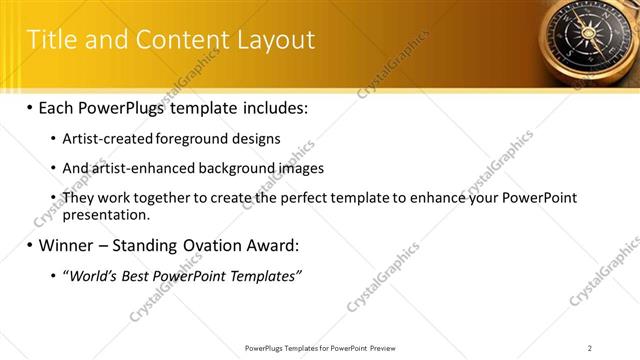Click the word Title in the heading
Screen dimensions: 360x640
[x=51, y=40]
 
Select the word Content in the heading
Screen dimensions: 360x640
[x=180, y=40]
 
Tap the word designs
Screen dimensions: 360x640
[x=257, y=139]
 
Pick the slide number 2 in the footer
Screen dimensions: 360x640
[x=589, y=348]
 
